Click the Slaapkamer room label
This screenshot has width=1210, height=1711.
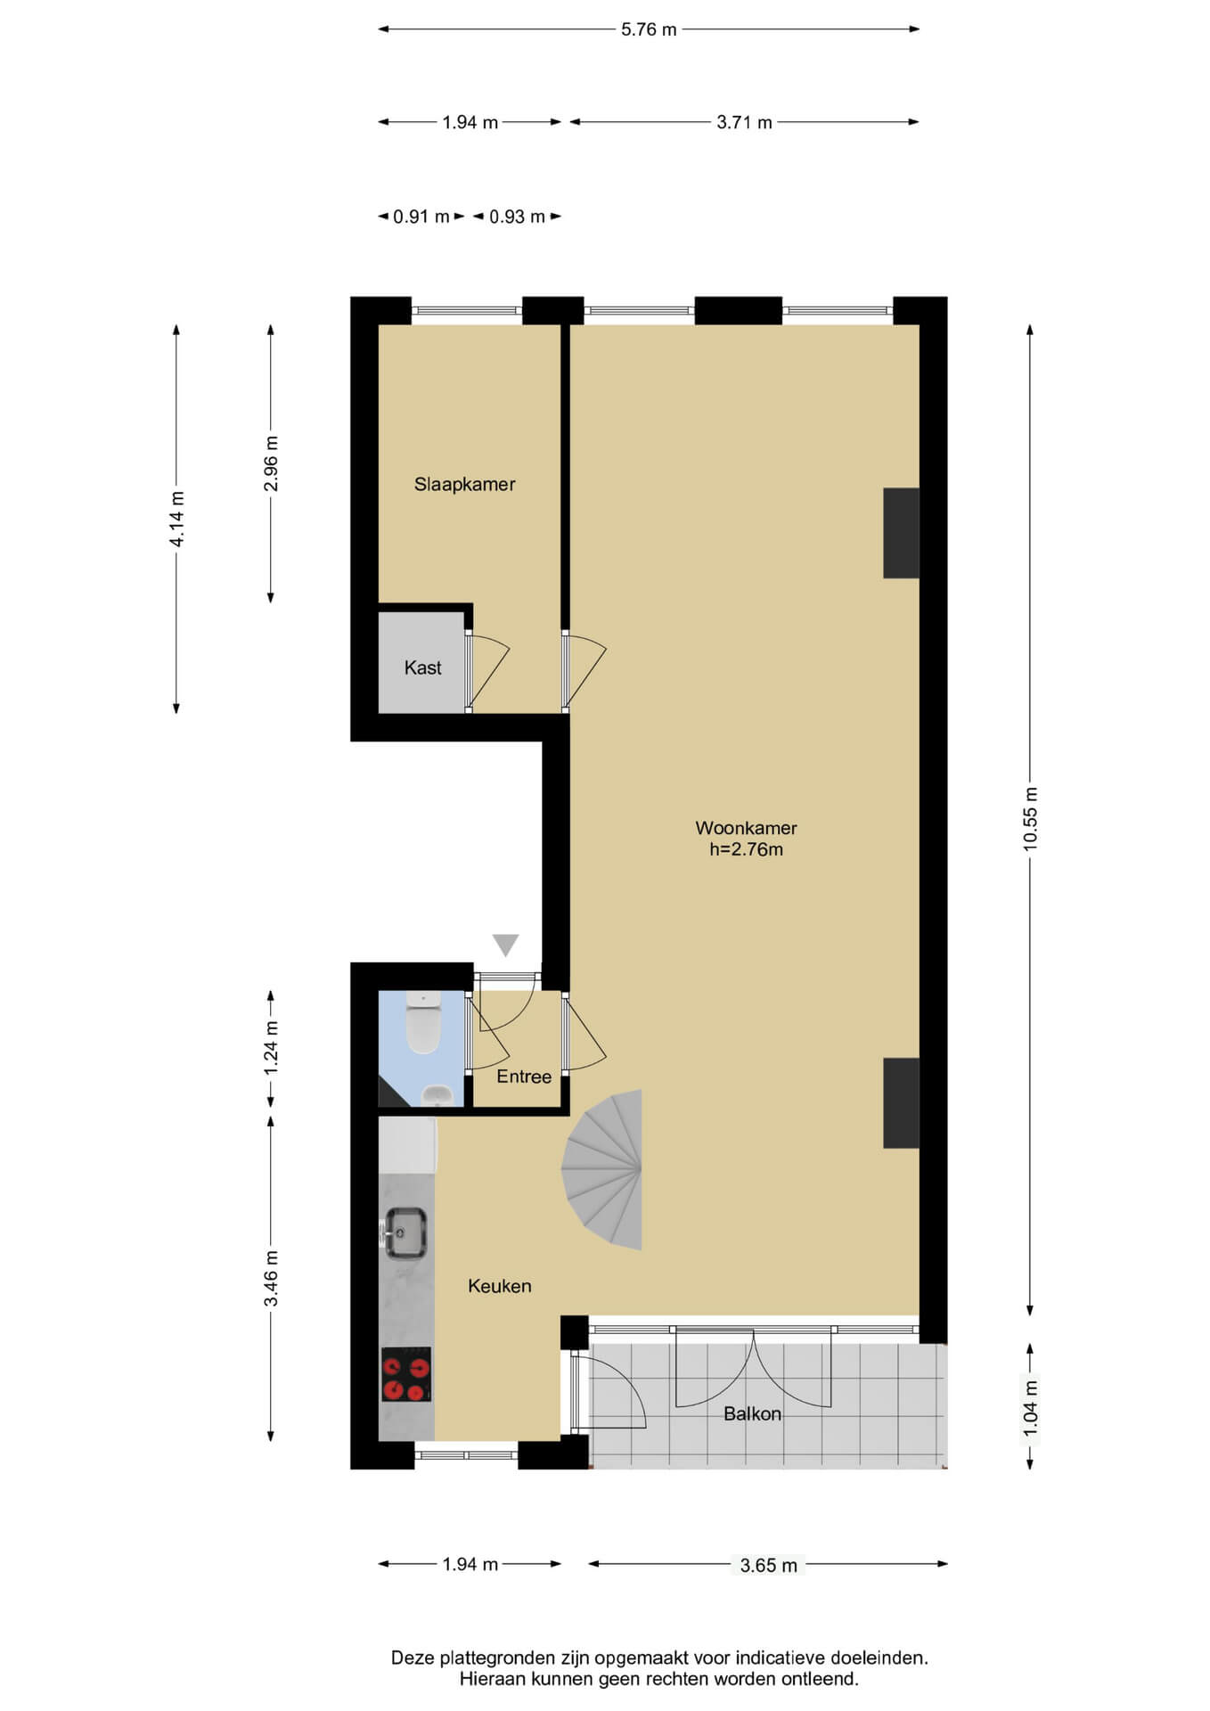464,485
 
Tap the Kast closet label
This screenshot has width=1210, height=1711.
422,667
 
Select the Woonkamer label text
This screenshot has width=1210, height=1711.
746,828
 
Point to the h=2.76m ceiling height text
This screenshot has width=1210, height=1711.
746,849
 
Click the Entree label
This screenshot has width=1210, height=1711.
524,1077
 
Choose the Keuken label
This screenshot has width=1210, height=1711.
500,1286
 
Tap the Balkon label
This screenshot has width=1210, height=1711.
752,1413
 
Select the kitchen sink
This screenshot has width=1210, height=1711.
405,1232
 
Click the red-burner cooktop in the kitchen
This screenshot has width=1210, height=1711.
406,1373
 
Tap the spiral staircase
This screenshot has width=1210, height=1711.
603,1168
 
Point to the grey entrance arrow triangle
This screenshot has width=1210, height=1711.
505,945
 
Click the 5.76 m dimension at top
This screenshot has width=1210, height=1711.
649,29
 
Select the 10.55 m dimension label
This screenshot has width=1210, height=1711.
1030,819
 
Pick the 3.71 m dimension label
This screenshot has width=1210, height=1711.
744,122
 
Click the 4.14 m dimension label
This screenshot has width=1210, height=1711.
176,520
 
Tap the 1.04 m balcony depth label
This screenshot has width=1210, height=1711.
1030,1407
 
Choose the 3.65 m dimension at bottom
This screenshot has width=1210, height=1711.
768,1565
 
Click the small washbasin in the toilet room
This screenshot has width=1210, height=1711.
436,1095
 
